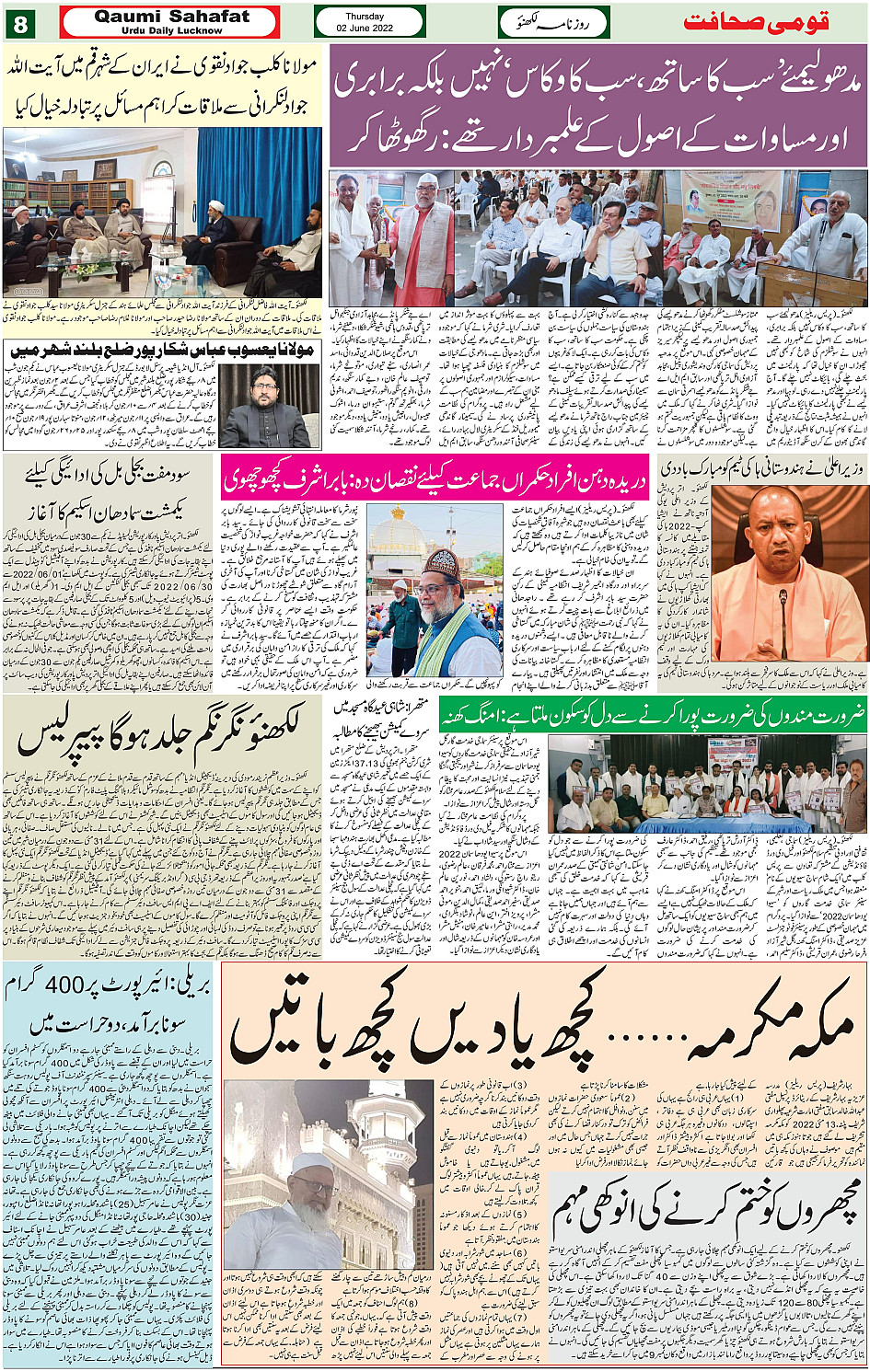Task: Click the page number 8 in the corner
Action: point(19,22)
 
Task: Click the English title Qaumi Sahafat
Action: point(171,17)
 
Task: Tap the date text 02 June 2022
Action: point(365,29)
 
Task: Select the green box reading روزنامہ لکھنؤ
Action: point(553,21)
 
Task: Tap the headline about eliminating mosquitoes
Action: point(706,1207)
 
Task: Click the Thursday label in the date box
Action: point(365,17)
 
